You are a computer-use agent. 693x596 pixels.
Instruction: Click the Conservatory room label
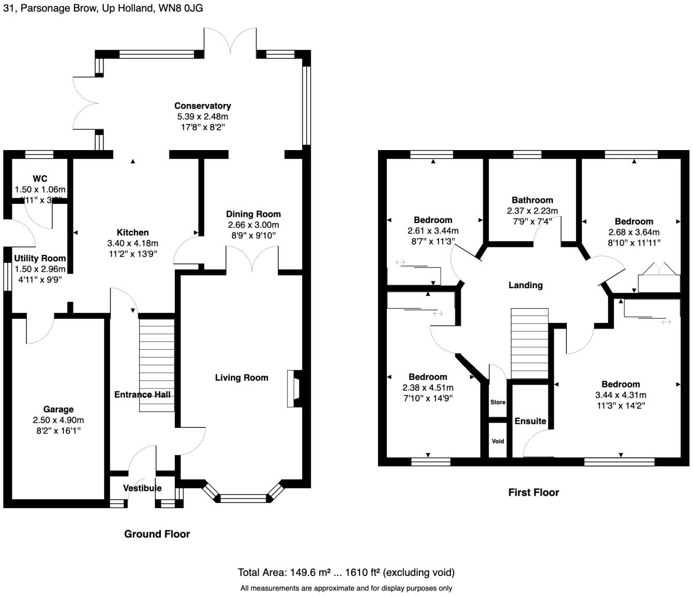[202, 106]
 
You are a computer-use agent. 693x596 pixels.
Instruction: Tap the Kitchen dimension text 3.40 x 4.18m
[132, 243]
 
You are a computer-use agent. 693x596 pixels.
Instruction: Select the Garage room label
[58, 409]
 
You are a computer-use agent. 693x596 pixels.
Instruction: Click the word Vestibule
[142, 488]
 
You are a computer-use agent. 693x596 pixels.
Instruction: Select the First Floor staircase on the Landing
[530, 344]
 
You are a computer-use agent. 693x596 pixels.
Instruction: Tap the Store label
[498, 402]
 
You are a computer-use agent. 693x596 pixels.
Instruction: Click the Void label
[498, 441]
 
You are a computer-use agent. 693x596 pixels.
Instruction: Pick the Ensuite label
[530, 421]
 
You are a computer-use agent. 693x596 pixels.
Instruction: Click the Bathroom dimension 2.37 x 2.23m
[532, 211]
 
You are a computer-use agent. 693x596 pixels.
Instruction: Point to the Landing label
[525, 285]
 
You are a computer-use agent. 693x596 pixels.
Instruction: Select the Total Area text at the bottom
[346, 572]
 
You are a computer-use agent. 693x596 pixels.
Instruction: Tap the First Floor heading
[533, 493]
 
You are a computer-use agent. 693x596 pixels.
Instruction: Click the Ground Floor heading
[157, 534]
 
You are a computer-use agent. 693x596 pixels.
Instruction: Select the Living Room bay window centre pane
[243, 499]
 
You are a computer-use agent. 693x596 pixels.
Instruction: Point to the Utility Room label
[40, 258]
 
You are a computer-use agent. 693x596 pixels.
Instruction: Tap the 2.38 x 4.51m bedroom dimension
[428, 388]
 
